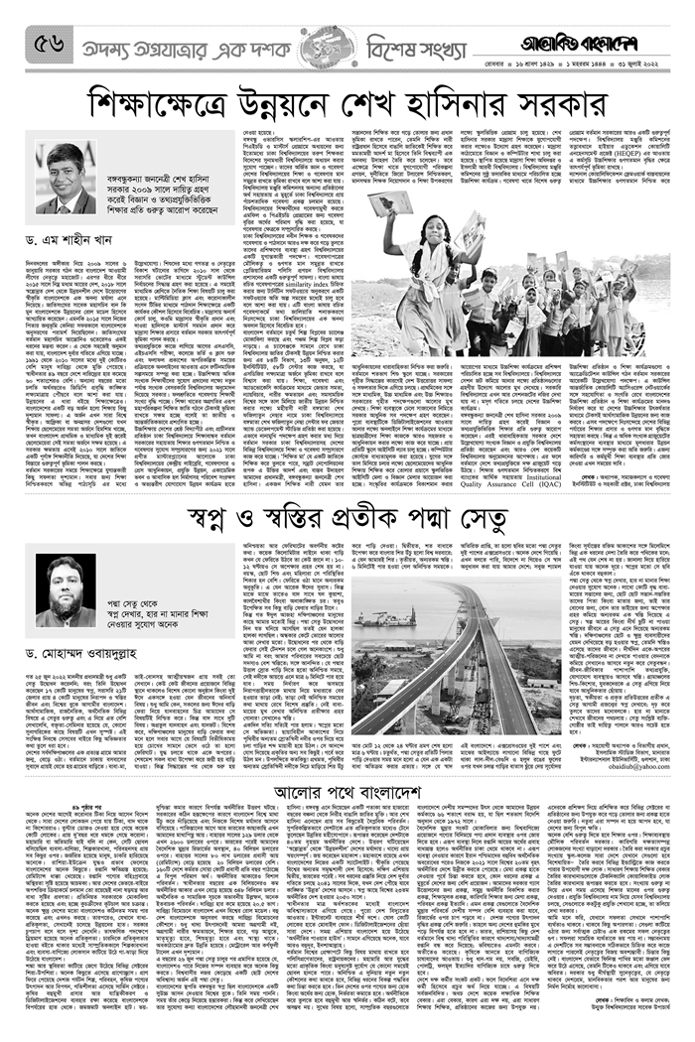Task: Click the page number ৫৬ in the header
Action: coord(49,43)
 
